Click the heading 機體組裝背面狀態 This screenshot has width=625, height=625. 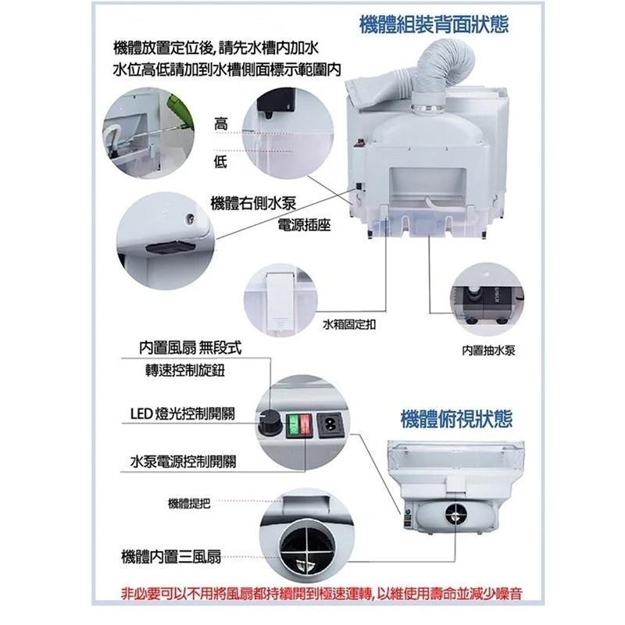click(434, 24)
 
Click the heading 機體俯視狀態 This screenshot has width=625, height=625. click(455, 418)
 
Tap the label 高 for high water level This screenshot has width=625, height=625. click(221, 123)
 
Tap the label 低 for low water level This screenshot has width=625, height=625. click(221, 161)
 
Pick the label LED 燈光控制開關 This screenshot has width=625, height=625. click(185, 413)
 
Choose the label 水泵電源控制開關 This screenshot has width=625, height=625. click(184, 462)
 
